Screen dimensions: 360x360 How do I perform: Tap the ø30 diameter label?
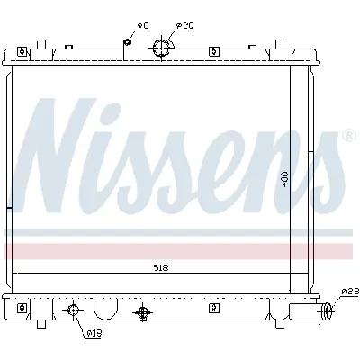[x=185, y=24]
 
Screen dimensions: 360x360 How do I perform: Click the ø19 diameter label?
[x=93, y=334]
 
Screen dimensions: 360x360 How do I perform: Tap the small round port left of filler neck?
[x=128, y=41]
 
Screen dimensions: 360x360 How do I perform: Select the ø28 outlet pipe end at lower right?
[x=328, y=312]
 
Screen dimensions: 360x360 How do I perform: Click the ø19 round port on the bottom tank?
[x=74, y=311]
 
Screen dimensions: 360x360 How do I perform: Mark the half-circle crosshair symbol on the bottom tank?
[x=140, y=312]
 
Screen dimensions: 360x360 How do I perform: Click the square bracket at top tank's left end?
[x=40, y=44]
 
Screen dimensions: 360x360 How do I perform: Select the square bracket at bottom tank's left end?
[x=40, y=309]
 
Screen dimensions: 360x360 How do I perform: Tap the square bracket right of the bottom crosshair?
[x=213, y=309]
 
